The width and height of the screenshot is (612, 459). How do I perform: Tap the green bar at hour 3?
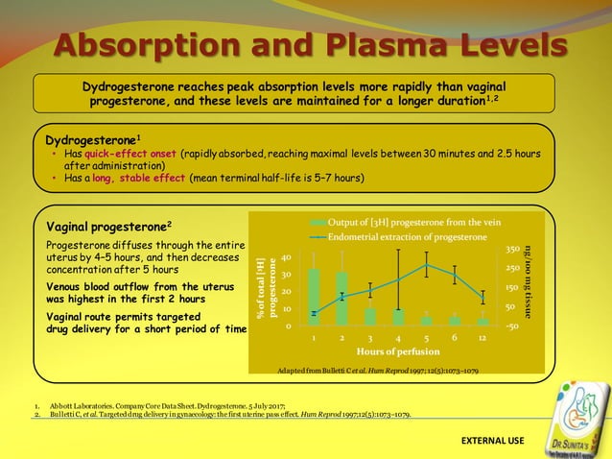[x=370, y=315]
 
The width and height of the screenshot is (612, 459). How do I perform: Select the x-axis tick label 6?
[x=455, y=339]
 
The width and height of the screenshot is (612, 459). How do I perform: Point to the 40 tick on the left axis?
[x=286, y=257]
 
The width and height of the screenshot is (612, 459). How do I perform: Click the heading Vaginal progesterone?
[x=109, y=228]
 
